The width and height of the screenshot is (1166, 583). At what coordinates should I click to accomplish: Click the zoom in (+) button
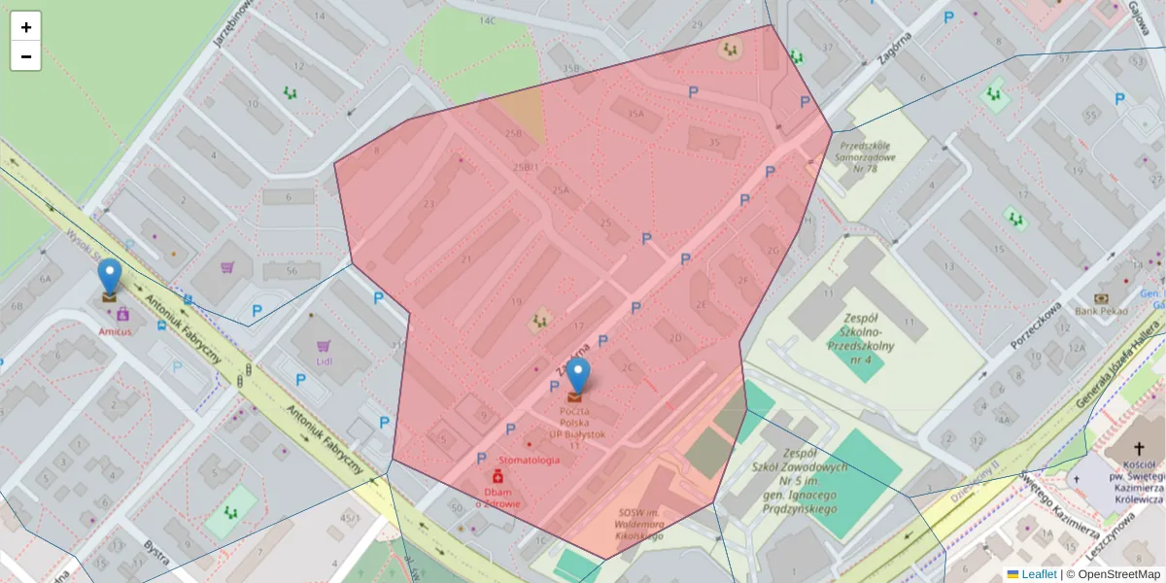click(26, 27)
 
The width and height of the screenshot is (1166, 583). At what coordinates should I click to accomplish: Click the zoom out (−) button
click(26, 56)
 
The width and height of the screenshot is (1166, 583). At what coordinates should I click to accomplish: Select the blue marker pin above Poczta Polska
click(578, 375)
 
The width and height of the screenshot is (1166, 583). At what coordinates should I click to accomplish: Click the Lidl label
click(325, 362)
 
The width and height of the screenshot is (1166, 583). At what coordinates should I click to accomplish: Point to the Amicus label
click(115, 330)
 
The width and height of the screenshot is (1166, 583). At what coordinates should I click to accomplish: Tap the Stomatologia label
click(529, 461)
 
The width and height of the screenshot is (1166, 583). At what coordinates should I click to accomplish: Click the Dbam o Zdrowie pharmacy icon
click(497, 477)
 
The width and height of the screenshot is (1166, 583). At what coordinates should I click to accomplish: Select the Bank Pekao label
click(1100, 311)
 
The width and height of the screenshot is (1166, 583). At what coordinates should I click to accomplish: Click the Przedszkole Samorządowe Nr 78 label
click(858, 156)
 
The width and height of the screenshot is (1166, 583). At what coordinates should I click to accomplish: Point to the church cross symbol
click(1139, 449)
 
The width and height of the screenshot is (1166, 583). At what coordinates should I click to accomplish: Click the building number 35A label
click(635, 114)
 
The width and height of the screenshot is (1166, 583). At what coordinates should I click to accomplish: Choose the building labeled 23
click(429, 204)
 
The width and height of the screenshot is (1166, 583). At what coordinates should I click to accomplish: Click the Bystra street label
click(155, 556)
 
